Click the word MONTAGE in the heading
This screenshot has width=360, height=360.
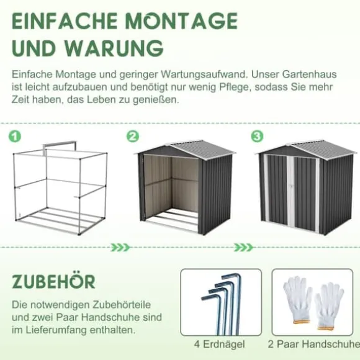tap(182, 20)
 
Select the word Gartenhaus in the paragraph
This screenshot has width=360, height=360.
tap(309, 74)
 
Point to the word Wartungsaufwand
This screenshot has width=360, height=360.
tap(204, 75)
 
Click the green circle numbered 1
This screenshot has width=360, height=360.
tap(15, 137)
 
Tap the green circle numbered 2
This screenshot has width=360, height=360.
tap(133, 137)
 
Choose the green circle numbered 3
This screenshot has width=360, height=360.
tap(257, 137)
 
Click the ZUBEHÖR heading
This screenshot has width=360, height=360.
tap(53, 281)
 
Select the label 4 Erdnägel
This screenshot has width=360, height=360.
tap(220, 344)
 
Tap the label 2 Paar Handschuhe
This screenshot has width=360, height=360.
tap(314, 344)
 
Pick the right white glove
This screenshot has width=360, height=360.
tap(329, 306)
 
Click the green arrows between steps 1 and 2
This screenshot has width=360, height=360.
tap(120, 248)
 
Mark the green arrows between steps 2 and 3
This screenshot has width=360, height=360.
tap(243, 248)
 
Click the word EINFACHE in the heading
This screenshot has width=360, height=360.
tap(65, 20)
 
